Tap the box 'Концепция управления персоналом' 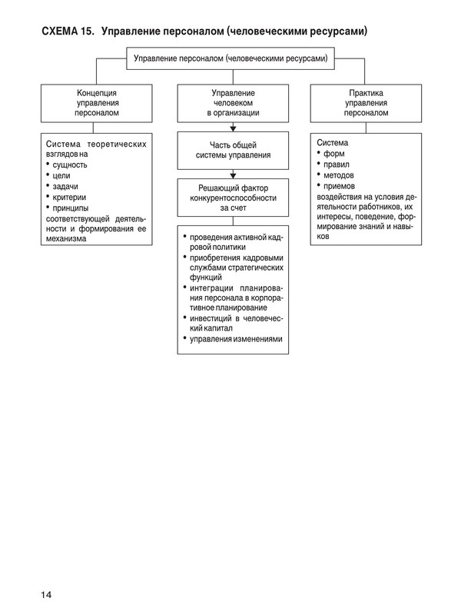coord(97,101)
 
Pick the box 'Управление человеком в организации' coord(233,101)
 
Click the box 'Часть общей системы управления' coord(233,149)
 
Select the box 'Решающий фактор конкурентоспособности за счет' coord(233,197)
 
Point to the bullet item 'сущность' coord(71,165)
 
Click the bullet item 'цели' coord(63,175)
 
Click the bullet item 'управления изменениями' coord(237,339)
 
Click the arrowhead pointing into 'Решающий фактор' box coord(233,176)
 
